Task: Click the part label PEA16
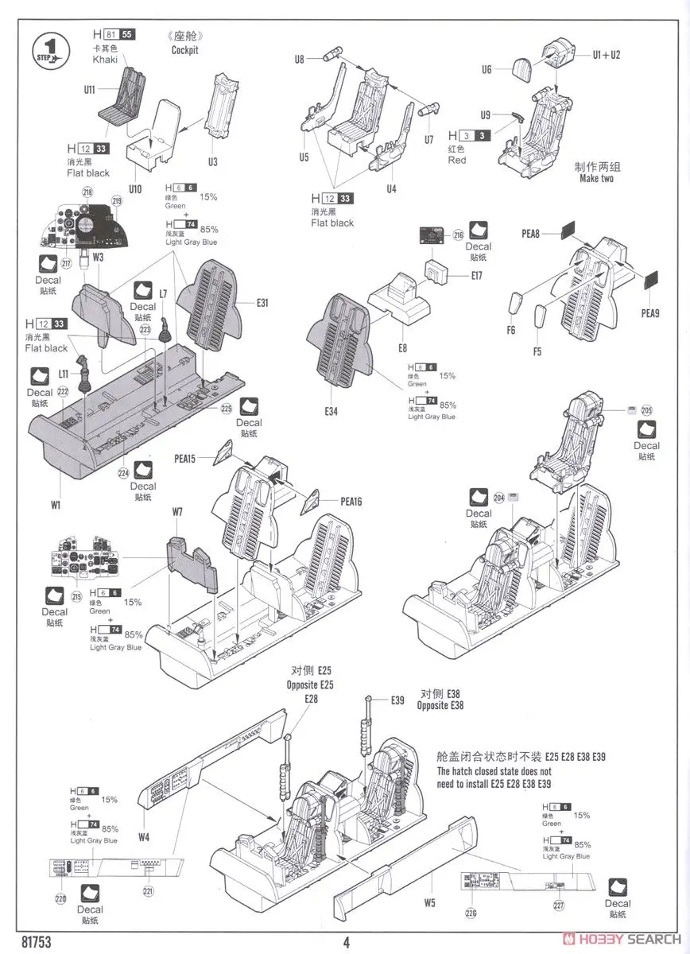[x=351, y=502]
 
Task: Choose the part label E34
[x=331, y=411]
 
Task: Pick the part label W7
[x=176, y=512]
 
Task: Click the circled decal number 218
[x=87, y=192]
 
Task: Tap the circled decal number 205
[x=646, y=410]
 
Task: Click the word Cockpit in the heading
[x=185, y=50]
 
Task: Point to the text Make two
[x=598, y=179]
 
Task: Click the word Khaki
[x=105, y=60]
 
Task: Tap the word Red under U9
[x=457, y=160]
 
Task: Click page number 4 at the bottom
[x=346, y=942]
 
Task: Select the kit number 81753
[x=36, y=942]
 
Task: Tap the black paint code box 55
[x=127, y=34]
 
